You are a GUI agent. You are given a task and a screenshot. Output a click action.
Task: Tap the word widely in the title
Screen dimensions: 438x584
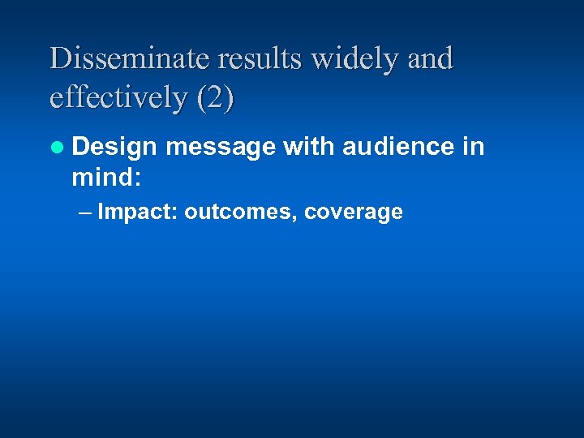coord(350,60)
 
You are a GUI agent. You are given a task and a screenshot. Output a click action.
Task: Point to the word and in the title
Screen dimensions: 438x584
coord(430,58)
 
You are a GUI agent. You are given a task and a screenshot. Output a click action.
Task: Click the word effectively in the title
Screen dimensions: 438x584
coord(118,98)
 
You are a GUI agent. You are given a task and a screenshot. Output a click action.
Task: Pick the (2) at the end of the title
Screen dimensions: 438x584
coord(214,98)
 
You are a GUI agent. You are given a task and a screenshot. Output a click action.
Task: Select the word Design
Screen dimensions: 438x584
coord(114,148)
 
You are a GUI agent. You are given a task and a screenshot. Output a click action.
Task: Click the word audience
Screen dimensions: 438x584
coord(397,146)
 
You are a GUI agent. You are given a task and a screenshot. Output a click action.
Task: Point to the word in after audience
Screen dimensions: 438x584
coord(474,146)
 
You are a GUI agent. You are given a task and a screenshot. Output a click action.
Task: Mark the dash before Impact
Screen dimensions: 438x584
coord(86,213)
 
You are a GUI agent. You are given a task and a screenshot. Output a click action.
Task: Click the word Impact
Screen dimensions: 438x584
coord(138,213)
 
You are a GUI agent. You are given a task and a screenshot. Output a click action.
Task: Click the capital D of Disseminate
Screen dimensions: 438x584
coord(59,58)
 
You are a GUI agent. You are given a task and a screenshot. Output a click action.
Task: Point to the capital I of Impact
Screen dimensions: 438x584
coord(101,213)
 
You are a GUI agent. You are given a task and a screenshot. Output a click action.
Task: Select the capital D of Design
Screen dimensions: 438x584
coord(80,147)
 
